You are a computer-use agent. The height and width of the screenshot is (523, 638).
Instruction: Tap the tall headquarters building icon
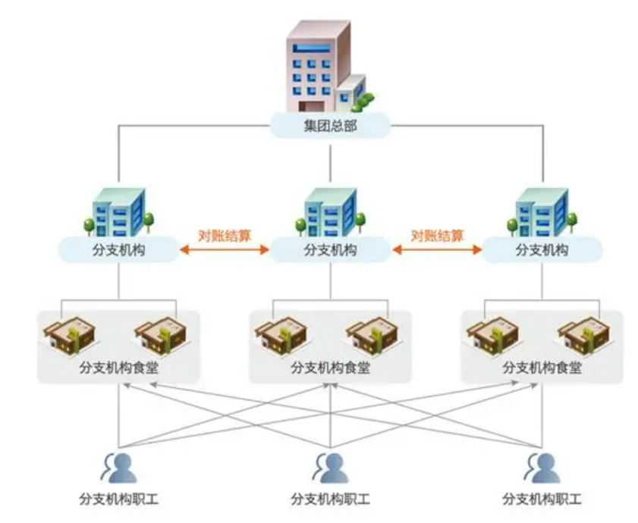click(322, 67)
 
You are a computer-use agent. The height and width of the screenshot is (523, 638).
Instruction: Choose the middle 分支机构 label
click(330, 249)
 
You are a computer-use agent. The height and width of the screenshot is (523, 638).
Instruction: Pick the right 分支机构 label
click(542, 249)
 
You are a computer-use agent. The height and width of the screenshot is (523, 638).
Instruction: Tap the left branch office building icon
click(119, 210)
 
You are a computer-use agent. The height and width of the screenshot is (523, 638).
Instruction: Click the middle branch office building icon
click(332, 210)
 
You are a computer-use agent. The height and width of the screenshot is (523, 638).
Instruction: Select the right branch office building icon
click(543, 210)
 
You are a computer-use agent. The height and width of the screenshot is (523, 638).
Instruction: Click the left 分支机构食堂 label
click(118, 368)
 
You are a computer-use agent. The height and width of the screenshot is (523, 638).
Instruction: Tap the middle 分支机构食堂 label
click(330, 368)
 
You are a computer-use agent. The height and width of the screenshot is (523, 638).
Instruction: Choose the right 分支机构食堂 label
click(542, 368)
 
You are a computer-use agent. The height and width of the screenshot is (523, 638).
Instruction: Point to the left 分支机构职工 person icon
click(120, 468)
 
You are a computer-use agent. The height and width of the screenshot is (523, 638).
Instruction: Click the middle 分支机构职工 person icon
click(331, 468)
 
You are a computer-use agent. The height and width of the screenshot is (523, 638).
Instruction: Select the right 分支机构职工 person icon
click(543, 468)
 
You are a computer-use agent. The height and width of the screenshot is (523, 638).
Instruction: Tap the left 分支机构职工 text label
click(118, 500)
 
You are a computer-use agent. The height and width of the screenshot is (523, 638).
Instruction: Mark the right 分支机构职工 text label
click(542, 500)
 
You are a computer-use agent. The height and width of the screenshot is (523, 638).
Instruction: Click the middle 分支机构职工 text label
click(330, 500)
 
